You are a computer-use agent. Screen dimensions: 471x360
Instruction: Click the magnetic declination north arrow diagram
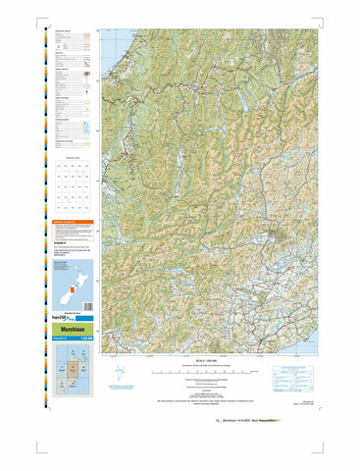119,375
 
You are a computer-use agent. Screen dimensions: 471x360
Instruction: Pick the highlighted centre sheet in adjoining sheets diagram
73,370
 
